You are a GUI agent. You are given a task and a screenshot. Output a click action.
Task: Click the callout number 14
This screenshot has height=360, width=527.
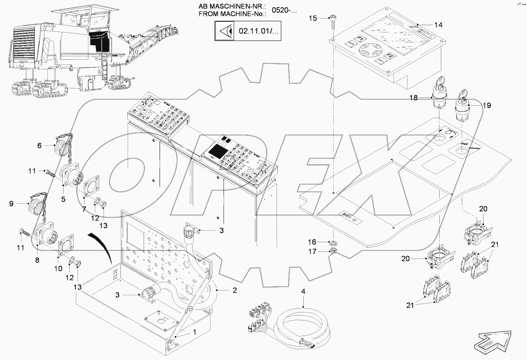pos(438,25)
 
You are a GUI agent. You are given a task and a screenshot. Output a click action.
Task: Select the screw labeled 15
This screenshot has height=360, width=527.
pos(333,21)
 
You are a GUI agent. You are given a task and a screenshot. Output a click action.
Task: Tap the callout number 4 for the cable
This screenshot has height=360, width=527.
pos(303,292)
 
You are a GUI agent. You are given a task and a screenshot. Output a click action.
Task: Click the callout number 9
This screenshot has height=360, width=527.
pos(11,204)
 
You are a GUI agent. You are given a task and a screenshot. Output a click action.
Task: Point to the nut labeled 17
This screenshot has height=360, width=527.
pos(333,251)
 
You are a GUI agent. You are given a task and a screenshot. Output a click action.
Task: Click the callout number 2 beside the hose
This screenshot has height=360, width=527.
pos(235,290)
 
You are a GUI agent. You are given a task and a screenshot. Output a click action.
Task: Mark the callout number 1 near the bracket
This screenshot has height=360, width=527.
pos(195,332)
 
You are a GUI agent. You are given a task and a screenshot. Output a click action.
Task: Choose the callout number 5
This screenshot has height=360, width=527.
pos(63,199)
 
